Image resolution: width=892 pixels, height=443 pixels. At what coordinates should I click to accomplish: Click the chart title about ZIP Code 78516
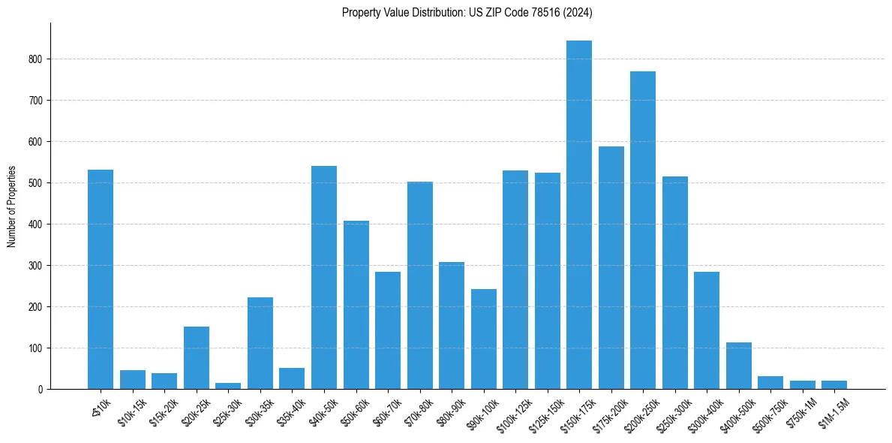click(x=467, y=12)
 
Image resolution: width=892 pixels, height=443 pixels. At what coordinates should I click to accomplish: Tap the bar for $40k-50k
click(x=324, y=278)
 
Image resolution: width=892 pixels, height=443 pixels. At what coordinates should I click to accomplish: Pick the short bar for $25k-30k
click(x=228, y=386)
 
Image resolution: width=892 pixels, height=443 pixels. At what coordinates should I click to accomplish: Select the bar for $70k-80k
click(x=420, y=285)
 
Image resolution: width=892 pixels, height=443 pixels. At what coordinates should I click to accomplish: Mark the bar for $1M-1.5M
click(x=834, y=385)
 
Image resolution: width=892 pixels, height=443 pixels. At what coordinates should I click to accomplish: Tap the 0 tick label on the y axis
click(x=41, y=390)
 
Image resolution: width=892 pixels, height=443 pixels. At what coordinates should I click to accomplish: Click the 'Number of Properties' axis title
click(x=11, y=206)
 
